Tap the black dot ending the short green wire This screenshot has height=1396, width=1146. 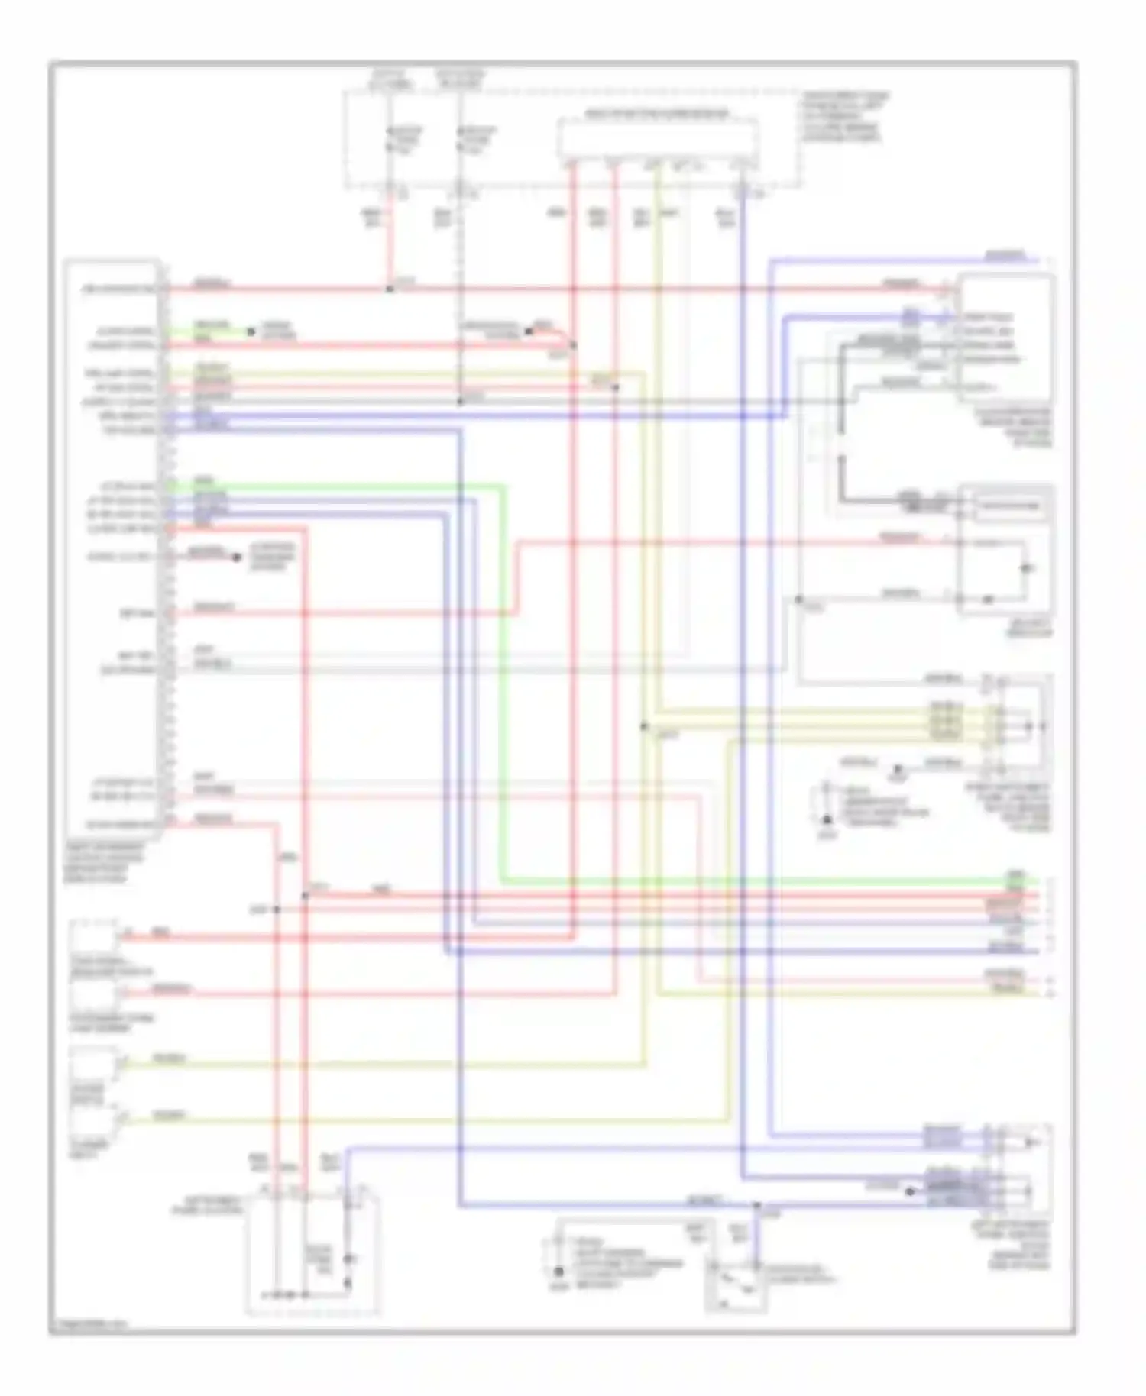coord(250,332)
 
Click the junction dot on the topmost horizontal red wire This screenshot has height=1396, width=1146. coord(389,289)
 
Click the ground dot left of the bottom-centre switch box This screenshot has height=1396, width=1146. coord(558,1272)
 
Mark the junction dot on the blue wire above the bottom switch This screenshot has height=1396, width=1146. coord(756,1206)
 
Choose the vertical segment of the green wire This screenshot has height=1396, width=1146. coord(502,680)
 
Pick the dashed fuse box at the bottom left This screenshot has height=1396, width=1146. coord(313,1252)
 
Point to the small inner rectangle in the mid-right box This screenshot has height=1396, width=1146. coord(1009,505)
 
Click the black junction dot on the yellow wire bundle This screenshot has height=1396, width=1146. coord(644,726)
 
